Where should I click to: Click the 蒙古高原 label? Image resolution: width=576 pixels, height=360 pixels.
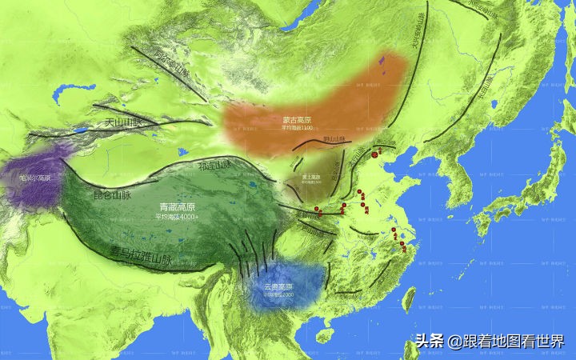click(x=297, y=121)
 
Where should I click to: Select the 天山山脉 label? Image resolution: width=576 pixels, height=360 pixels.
click(x=122, y=123)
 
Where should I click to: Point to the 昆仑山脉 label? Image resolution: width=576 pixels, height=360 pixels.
click(x=113, y=194)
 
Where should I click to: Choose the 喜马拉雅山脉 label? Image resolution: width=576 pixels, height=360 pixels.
click(x=152, y=258)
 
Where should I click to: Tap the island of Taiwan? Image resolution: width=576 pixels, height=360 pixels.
click(x=409, y=300)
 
